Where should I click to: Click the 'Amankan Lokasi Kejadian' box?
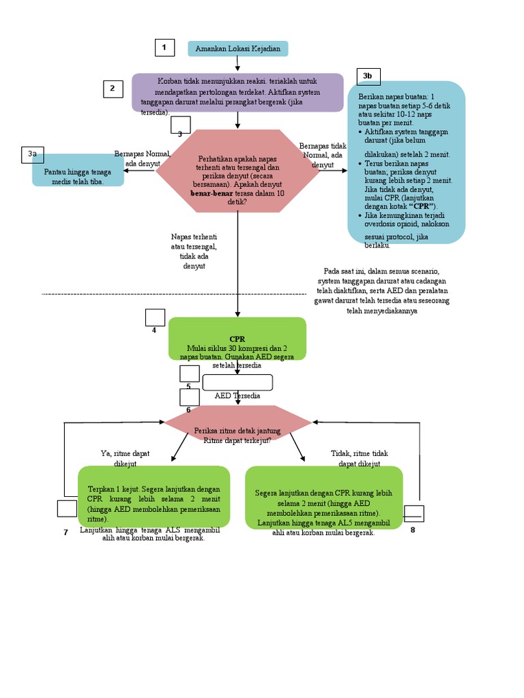(x=238, y=48)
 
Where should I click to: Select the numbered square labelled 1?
(x=164, y=48)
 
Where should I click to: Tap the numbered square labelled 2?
(x=113, y=89)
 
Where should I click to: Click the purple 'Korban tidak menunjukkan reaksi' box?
(x=237, y=93)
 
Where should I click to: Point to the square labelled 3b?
(x=368, y=76)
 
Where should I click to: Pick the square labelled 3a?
(x=32, y=155)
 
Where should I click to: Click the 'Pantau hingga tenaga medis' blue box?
(x=78, y=176)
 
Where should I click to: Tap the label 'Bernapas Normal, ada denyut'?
(x=142, y=159)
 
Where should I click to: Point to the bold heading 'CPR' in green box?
(x=237, y=339)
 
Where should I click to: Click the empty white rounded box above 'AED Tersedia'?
(x=237, y=382)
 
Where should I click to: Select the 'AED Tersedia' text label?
(x=237, y=395)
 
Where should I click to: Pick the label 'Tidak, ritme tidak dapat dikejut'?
(x=360, y=458)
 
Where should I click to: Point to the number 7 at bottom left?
(x=66, y=532)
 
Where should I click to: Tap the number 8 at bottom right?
(x=413, y=530)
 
